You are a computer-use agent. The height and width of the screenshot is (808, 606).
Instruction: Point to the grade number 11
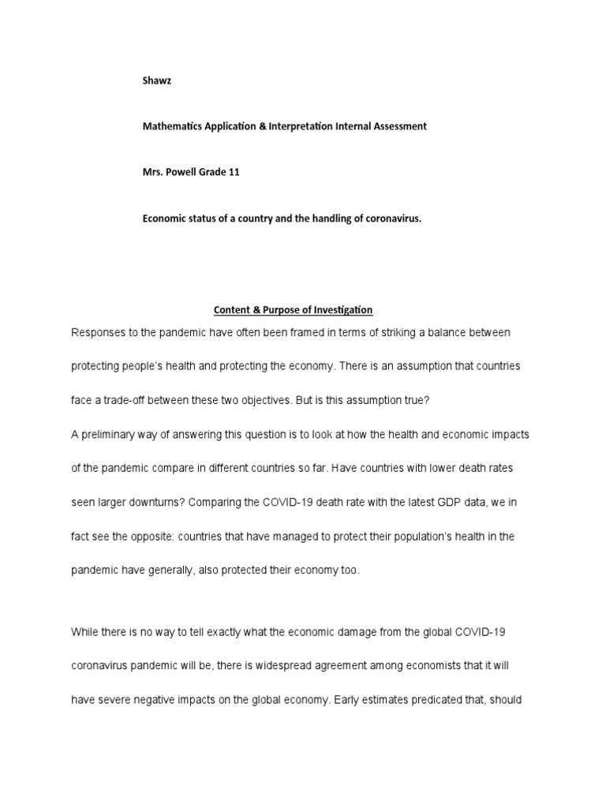click(233, 172)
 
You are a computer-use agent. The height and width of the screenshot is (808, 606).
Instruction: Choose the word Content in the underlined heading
click(232, 310)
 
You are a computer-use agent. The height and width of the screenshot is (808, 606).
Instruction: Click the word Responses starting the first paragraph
click(98, 333)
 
